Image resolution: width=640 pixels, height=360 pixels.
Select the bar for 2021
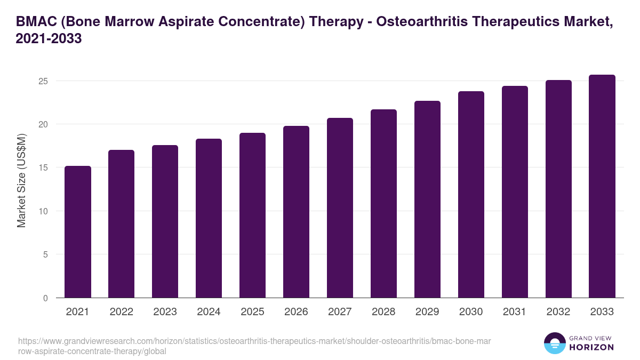pyautogui.click(x=78, y=232)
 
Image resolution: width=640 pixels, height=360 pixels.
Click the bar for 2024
pyautogui.click(x=209, y=218)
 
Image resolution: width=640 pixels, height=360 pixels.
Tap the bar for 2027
pyautogui.click(x=340, y=208)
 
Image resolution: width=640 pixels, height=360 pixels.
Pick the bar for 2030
pyautogui.click(x=471, y=195)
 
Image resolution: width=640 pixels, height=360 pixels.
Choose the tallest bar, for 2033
pyautogui.click(x=602, y=186)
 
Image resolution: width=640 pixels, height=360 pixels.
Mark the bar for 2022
pyautogui.click(x=121, y=224)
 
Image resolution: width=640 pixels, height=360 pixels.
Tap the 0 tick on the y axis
pyautogui.click(x=46, y=298)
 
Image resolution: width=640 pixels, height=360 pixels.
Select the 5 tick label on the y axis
pyautogui.click(x=46, y=254)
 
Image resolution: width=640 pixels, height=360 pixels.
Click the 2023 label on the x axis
pyautogui.click(x=165, y=312)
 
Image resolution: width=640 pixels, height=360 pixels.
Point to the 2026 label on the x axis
pyautogui.click(x=296, y=312)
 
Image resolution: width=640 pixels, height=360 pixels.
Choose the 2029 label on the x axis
pyautogui.click(x=427, y=312)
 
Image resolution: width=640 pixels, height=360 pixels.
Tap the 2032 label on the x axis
pyautogui.click(x=558, y=312)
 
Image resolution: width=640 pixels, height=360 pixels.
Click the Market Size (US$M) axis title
pyautogui.click(x=21, y=180)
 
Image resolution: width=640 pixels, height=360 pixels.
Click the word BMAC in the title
pyautogui.click(x=35, y=21)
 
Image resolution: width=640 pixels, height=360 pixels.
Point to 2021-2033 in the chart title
pyautogui.click(x=49, y=39)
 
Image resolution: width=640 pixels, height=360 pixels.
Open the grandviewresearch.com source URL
pyautogui.click(x=251, y=346)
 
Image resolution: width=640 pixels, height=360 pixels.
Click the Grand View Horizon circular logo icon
pyautogui.click(x=555, y=343)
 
